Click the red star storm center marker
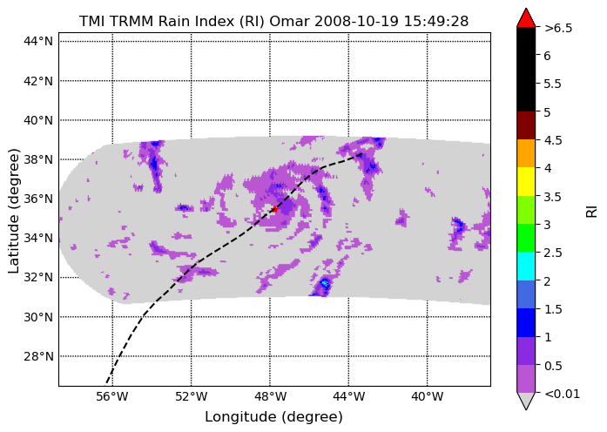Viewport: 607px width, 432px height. (274, 209)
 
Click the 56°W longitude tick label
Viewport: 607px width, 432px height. (113, 396)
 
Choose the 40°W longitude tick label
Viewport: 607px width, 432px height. (428, 396)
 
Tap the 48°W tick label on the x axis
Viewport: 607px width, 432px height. (270, 396)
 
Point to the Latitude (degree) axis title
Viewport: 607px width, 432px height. (13, 211)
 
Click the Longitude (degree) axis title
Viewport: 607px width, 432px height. (273, 417)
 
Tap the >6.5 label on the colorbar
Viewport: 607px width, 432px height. (558, 28)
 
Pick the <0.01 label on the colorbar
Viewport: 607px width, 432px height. (562, 394)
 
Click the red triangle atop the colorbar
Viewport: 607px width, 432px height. (526, 18)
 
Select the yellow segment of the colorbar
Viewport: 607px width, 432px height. (526, 181)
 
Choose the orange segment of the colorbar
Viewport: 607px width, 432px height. (526, 153)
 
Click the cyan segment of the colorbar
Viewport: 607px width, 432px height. (526, 266)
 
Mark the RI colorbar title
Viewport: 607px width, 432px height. (592, 211)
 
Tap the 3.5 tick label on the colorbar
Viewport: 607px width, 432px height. (553, 197)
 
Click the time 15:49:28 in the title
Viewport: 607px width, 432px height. (436, 21)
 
